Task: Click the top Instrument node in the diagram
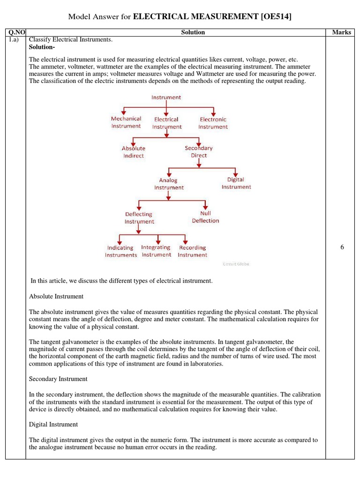(x=166, y=97)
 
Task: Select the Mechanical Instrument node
(x=126, y=122)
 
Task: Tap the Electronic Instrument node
(x=213, y=123)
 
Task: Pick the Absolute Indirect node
(x=133, y=152)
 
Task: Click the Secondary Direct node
(x=199, y=151)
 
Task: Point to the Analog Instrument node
(x=169, y=184)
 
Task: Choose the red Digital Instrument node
(x=236, y=183)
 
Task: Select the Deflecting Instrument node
(x=139, y=218)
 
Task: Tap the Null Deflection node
(x=205, y=217)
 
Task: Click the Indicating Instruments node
(x=121, y=251)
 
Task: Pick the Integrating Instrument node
(x=156, y=251)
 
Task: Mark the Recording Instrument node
(x=192, y=251)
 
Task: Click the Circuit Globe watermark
(x=236, y=264)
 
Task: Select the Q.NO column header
(x=15, y=32)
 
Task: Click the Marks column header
(x=341, y=32)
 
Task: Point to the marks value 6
(x=342, y=247)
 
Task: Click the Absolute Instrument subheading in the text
(x=56, y=296)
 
